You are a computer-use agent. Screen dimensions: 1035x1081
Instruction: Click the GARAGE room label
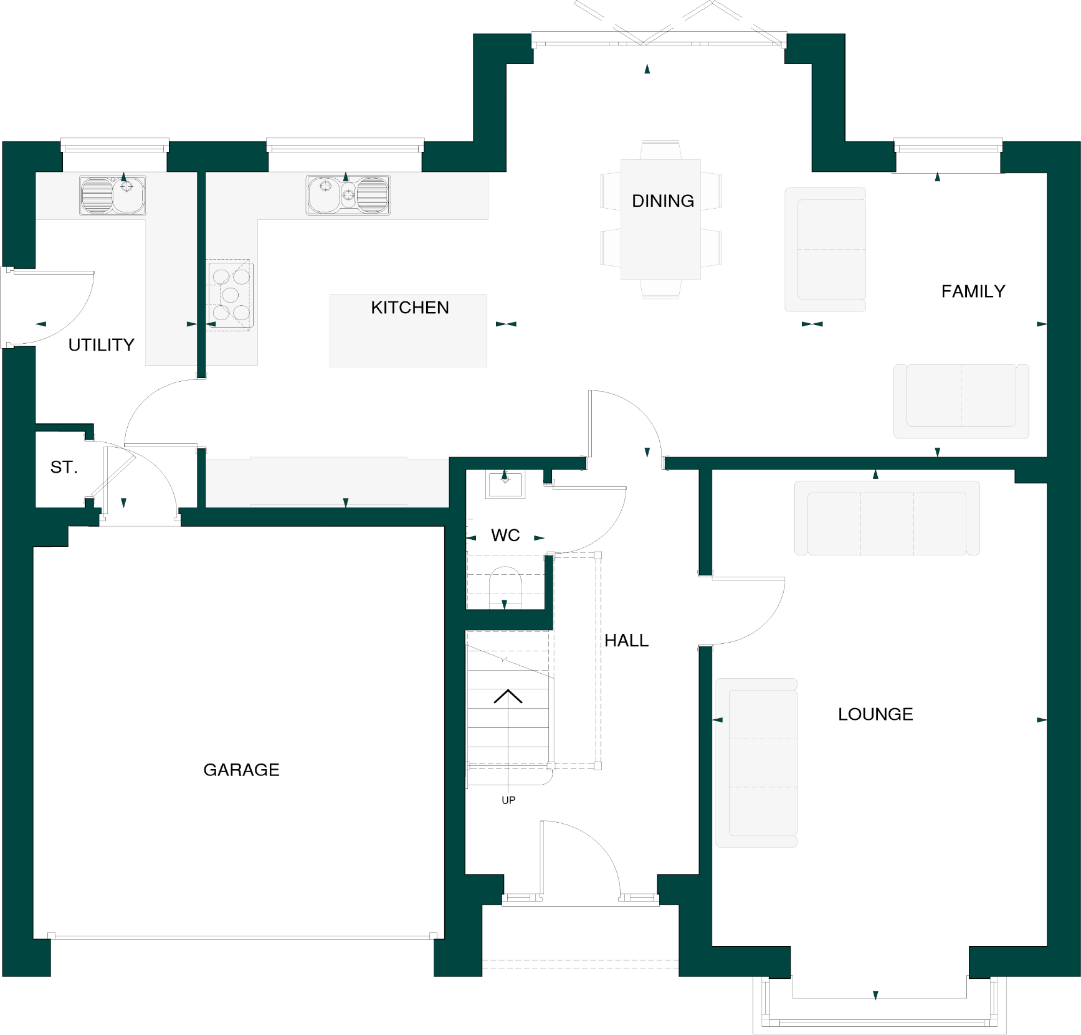[x=241, y=770]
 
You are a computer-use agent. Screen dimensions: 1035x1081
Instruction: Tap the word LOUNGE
[x=875, y=714]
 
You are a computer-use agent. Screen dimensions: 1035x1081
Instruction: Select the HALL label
[x=626, y=640]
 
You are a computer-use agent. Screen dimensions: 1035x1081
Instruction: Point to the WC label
[x=505, y=536]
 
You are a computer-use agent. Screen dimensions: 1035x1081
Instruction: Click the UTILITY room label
[x=101, y=345]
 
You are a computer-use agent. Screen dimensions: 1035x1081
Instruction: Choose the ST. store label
[x=64, y=467]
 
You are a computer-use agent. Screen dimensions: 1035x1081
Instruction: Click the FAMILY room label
[x=973, y=291]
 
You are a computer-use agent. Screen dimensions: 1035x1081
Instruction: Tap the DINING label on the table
[x=662, y=201]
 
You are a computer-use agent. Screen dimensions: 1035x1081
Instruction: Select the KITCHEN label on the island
[x=409, y=308]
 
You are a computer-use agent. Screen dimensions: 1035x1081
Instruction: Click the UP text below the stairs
[x=508, y=800]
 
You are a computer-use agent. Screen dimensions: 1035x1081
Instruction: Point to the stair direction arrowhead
[x=508, y=696]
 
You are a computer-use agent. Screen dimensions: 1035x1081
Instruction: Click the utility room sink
[x=113, y=195]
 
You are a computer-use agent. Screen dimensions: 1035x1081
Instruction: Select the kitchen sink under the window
[x=348, y=195]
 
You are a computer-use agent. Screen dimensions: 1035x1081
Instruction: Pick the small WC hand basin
[x=505, y=483]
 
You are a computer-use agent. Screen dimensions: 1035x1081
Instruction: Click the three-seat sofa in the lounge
[x=887, y=518]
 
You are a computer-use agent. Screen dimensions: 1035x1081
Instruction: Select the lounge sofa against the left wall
[x=756, y=763]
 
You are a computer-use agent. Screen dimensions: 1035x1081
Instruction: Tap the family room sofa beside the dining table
[x=826, y=249]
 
